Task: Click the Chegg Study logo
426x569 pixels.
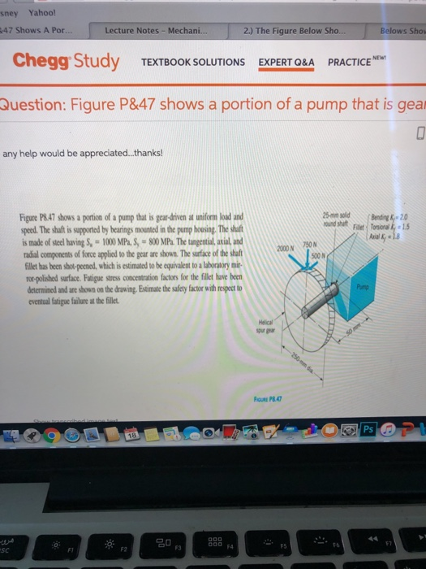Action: (x=66, y=61)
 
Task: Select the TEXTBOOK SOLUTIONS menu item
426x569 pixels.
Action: (x=192, y=63)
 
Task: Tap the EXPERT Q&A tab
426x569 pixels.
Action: (x=287, y=63)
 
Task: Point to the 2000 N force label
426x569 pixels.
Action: (x=286, y=247)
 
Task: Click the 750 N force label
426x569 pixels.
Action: (x=313, y=244)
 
